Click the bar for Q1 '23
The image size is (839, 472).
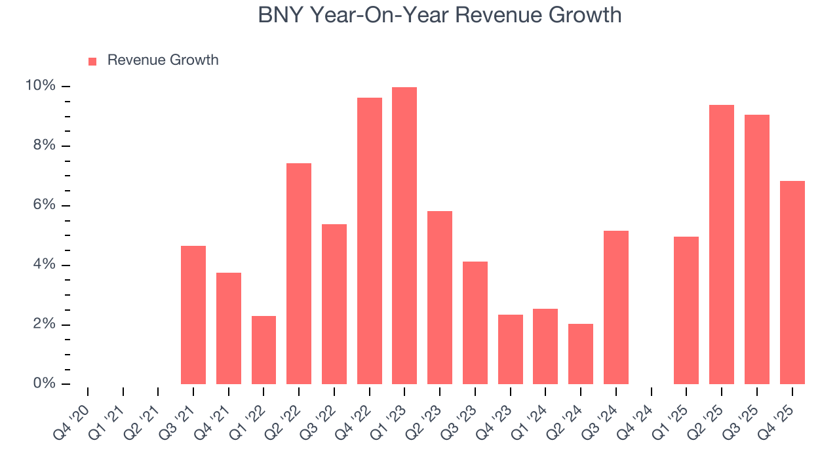point(404,236)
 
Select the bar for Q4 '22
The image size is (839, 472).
point(370,241)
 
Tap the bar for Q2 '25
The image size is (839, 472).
point(722,245)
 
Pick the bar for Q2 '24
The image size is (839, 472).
point(581,354)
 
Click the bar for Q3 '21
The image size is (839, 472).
point(193,315)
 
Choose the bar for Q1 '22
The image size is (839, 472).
point(263,350)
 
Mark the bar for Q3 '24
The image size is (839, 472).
point(616,307)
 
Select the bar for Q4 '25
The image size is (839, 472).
point(792,283)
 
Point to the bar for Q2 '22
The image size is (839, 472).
point(299,274)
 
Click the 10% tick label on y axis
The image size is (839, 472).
point(40,87)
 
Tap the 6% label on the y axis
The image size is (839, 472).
point(44,205)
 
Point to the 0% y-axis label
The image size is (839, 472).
point(44,383)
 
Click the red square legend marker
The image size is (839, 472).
point(92,61)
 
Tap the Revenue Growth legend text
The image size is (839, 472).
point(163,60)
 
